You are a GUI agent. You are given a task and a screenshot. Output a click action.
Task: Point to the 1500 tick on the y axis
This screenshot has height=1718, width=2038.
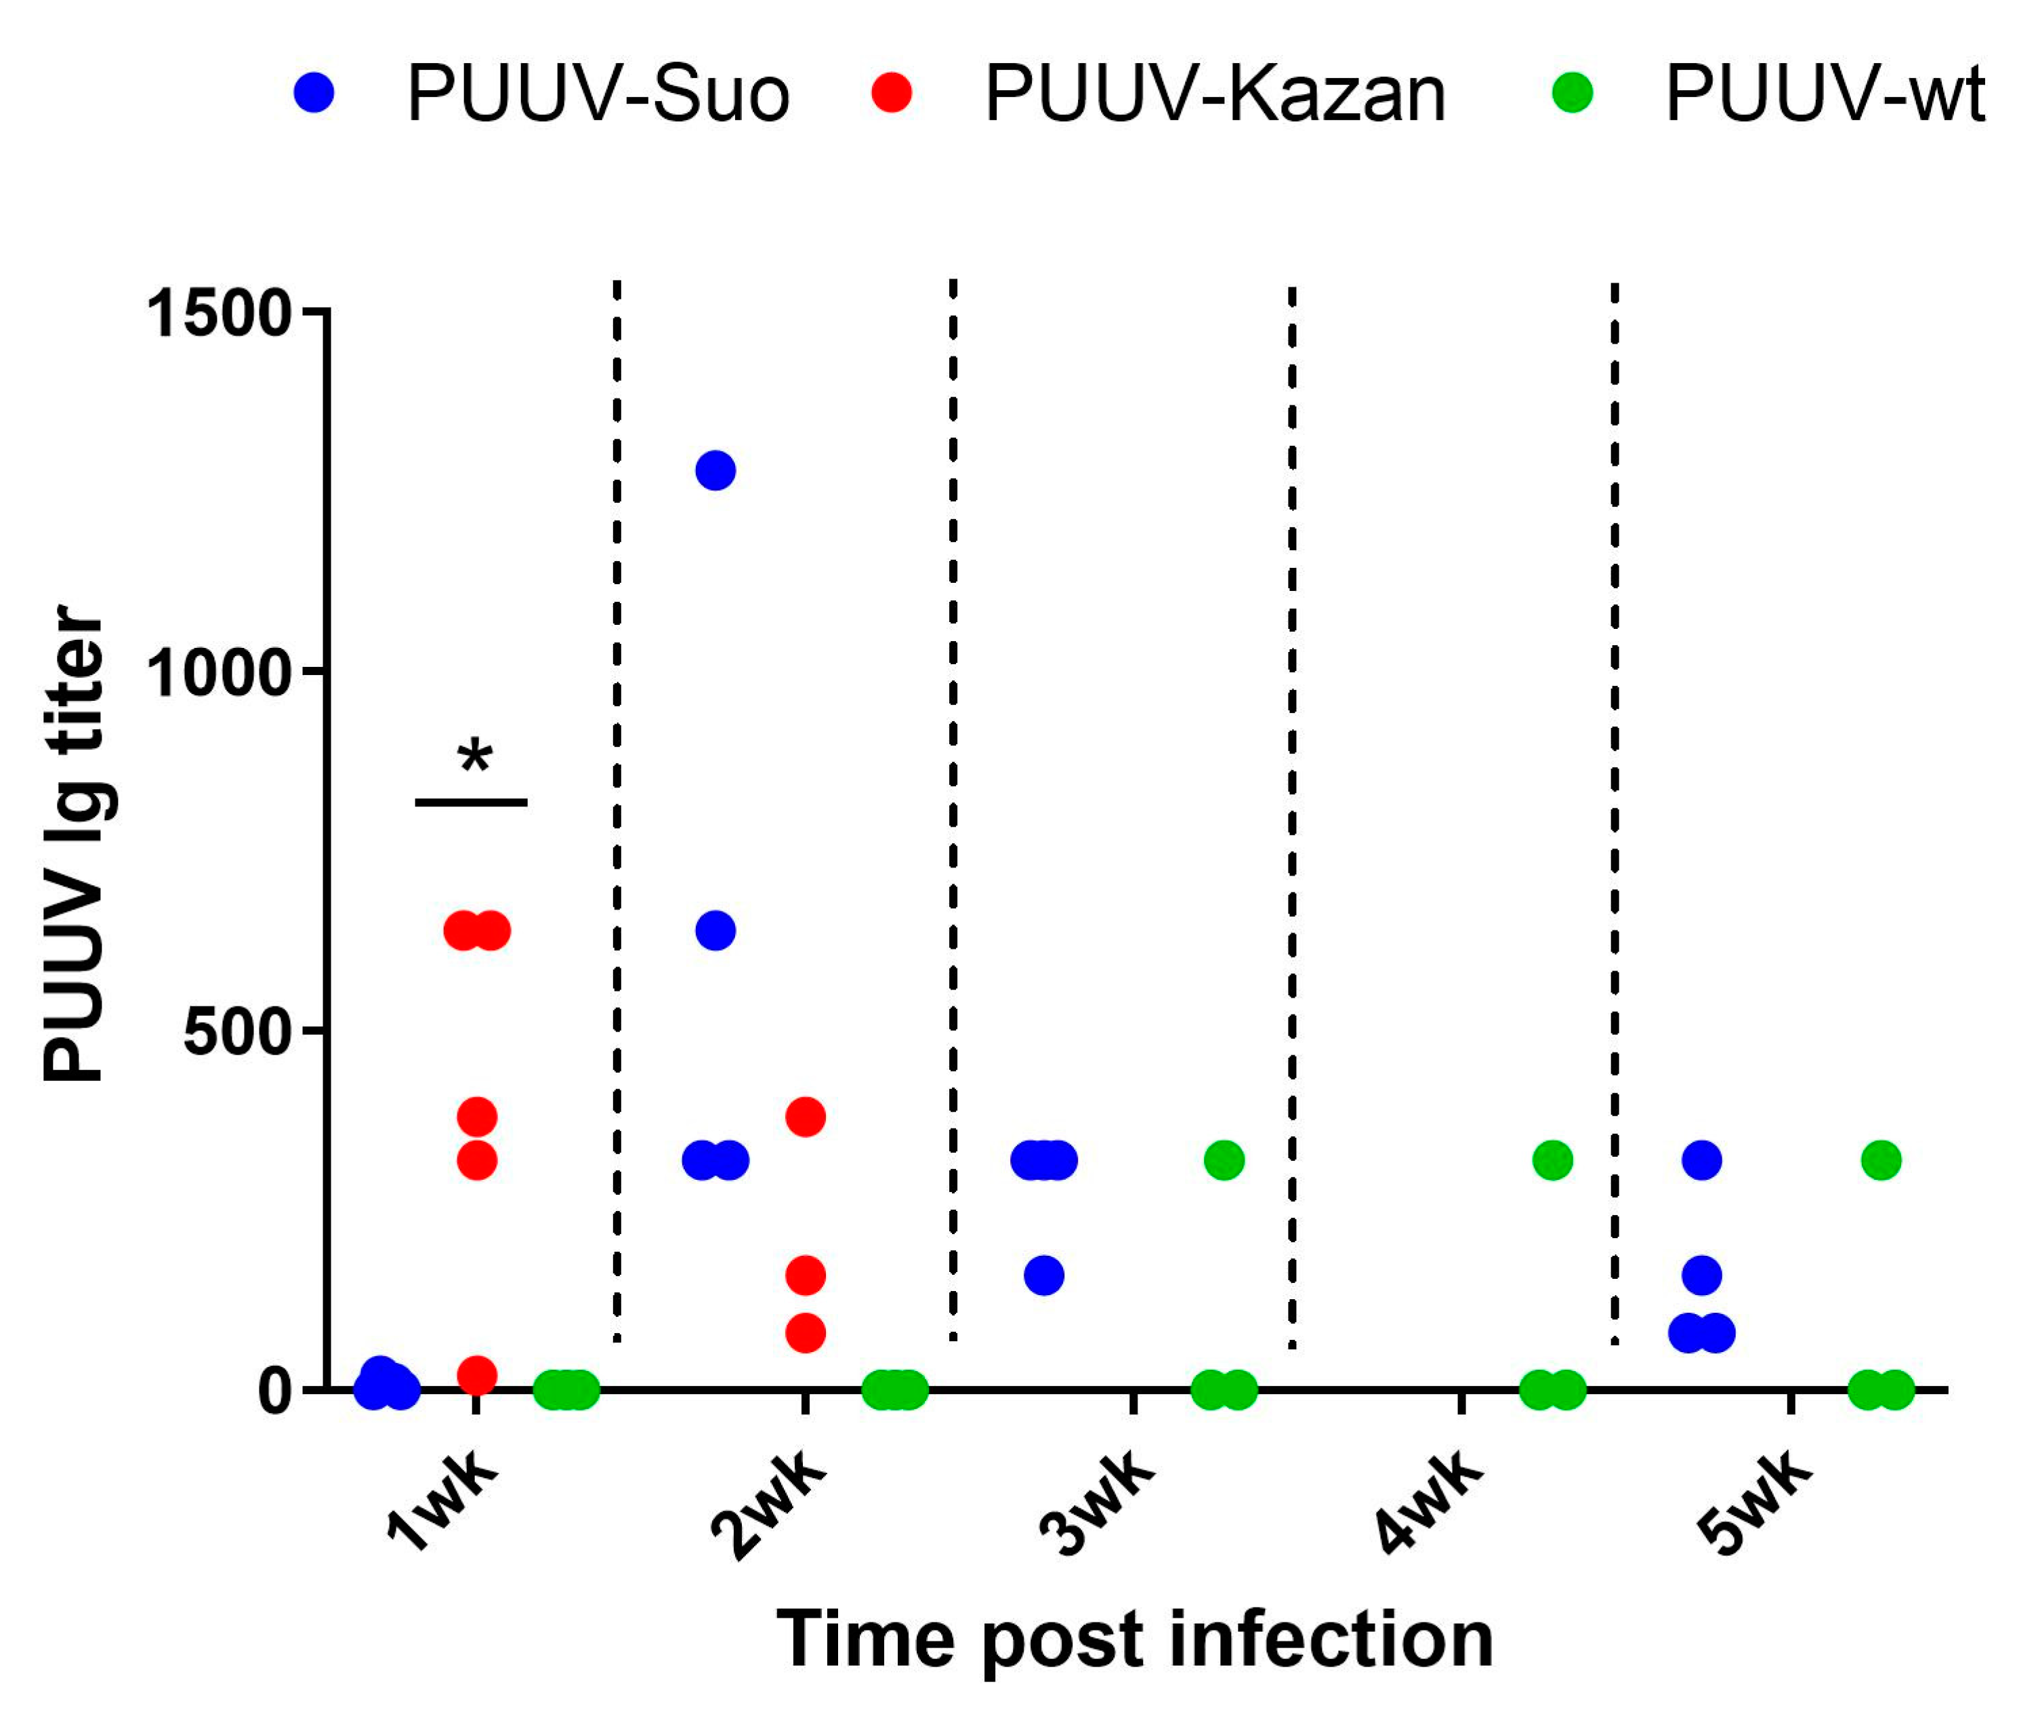tap(218, 314)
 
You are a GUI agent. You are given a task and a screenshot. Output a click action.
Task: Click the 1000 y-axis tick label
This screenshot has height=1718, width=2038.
tap(218, 672)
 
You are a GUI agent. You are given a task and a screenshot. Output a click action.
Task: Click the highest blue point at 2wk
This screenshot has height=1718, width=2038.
tap(715, 470)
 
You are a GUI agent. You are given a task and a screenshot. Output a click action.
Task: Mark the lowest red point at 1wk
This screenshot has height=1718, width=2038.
tap(477, 1375)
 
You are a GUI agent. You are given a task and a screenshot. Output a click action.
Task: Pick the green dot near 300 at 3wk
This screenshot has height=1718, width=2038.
tap(1224, 1160)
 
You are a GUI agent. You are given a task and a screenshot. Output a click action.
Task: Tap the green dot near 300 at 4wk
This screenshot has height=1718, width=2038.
tap(1552, 1160)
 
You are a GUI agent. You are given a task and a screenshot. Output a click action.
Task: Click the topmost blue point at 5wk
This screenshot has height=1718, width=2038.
tap(1701, 1160)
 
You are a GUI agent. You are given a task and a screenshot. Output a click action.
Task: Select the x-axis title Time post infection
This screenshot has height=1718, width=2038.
tap(1134, 1640)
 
